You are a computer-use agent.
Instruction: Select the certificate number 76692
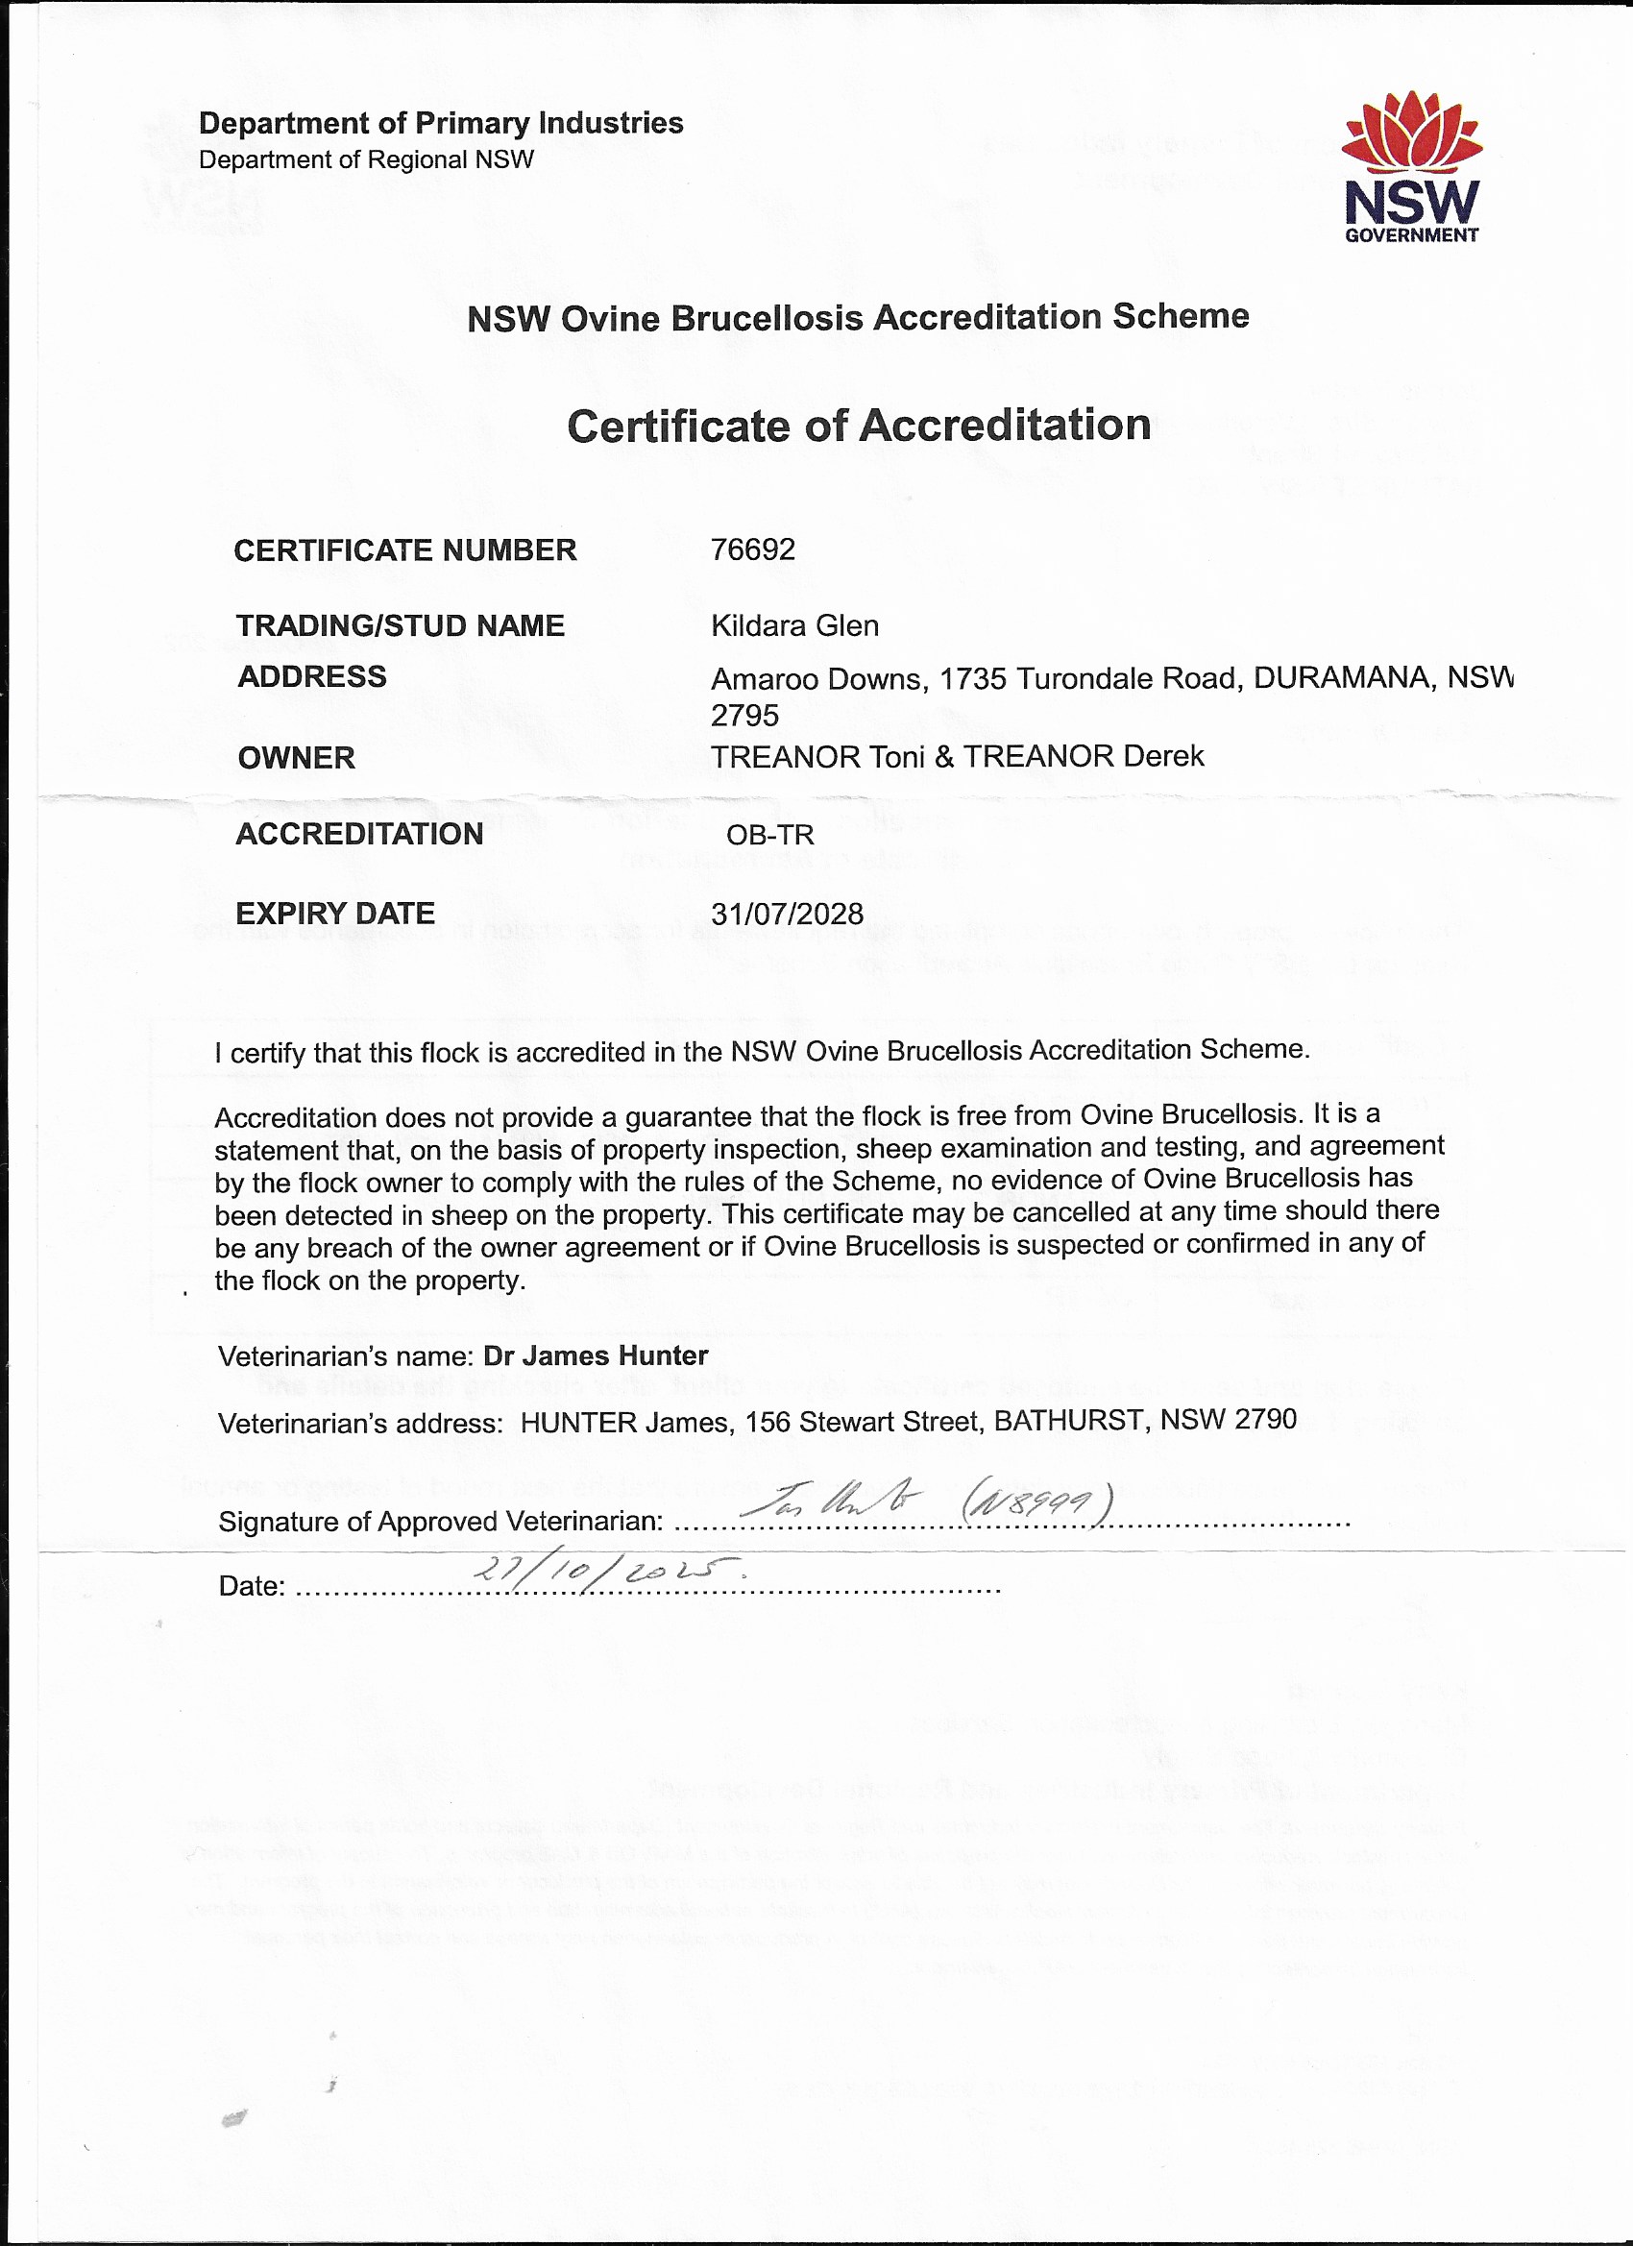pyautogui.click(x=753, y=549)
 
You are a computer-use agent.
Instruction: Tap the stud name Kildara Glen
pyautogui.click(x=794, y=626)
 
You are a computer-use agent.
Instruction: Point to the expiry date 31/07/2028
pyautogui.click(x=788, y=913)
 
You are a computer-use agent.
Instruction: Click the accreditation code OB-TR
pyautogui.click(x=769, y=835)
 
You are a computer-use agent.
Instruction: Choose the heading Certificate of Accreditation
pyautogui.click(x=859, y=426)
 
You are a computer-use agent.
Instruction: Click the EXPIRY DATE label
pyautogui.click(x=334, y=913)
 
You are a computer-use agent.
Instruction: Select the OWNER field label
pyautogui.click(x=296, y=758)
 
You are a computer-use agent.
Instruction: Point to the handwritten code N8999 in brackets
pyautogui.click(x=1036, y=1506)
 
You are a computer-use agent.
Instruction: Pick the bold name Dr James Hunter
pyautogui.click(x=596, y=1355)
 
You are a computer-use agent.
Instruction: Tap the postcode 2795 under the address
pyautogui.click(x=744, y=716)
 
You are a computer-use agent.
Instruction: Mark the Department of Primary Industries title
pyautogui.click(x=441, y=124)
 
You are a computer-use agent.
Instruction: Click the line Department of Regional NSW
pyautogui.click(x=366, y=160)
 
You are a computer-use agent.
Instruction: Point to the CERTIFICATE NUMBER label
pyautogui.click(x=405, y=550)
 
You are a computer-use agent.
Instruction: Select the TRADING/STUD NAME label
pyautogui.click(x=400, y=626)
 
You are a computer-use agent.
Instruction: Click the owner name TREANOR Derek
pyautogui.click(x=1084, y=757)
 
